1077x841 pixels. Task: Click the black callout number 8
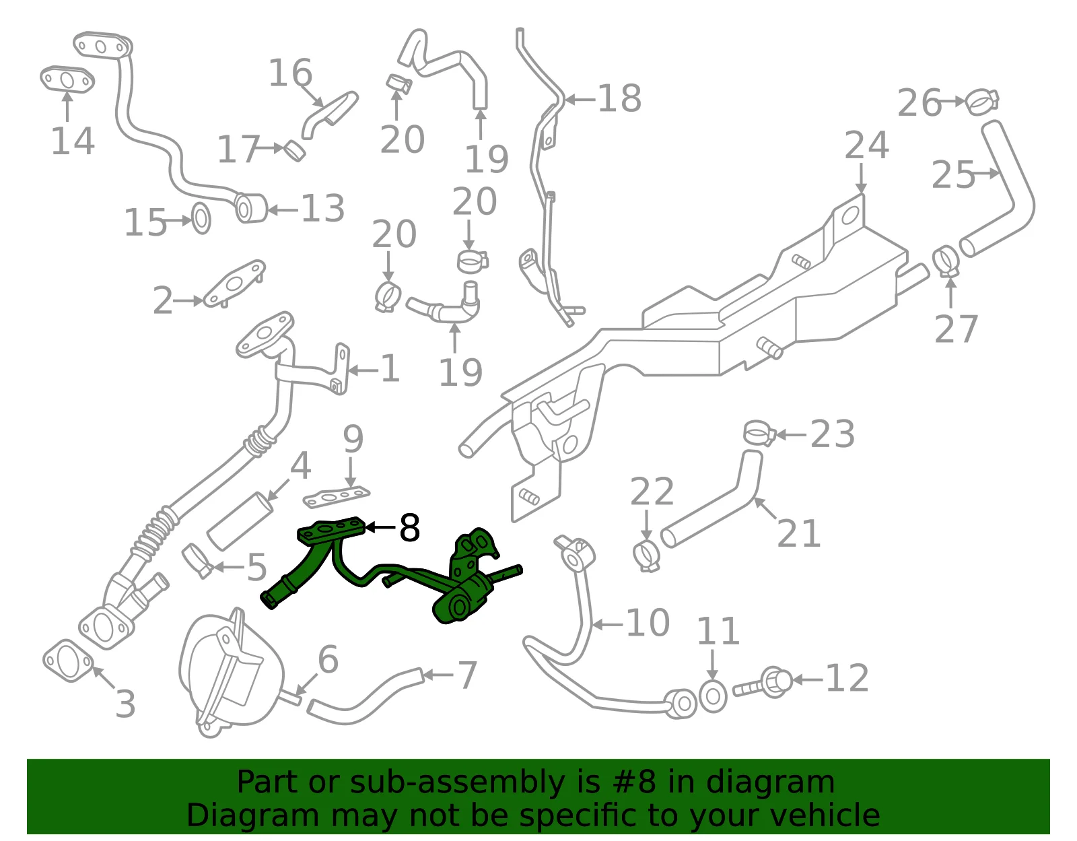(x=409, y=527)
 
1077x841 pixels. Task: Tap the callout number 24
(x=866, y=145)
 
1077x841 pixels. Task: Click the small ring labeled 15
(x=201, y=218)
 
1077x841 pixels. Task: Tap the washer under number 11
(x=713, y=697)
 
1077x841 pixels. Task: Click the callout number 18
(x=619, y=98)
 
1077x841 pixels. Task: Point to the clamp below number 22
(x=646, y=556)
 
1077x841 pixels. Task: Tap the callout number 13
(x=322, y=209)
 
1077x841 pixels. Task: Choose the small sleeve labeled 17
(x=294, y=151)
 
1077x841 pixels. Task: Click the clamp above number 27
(x=946, y=262)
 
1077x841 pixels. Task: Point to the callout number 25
(x=953, y=175)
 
